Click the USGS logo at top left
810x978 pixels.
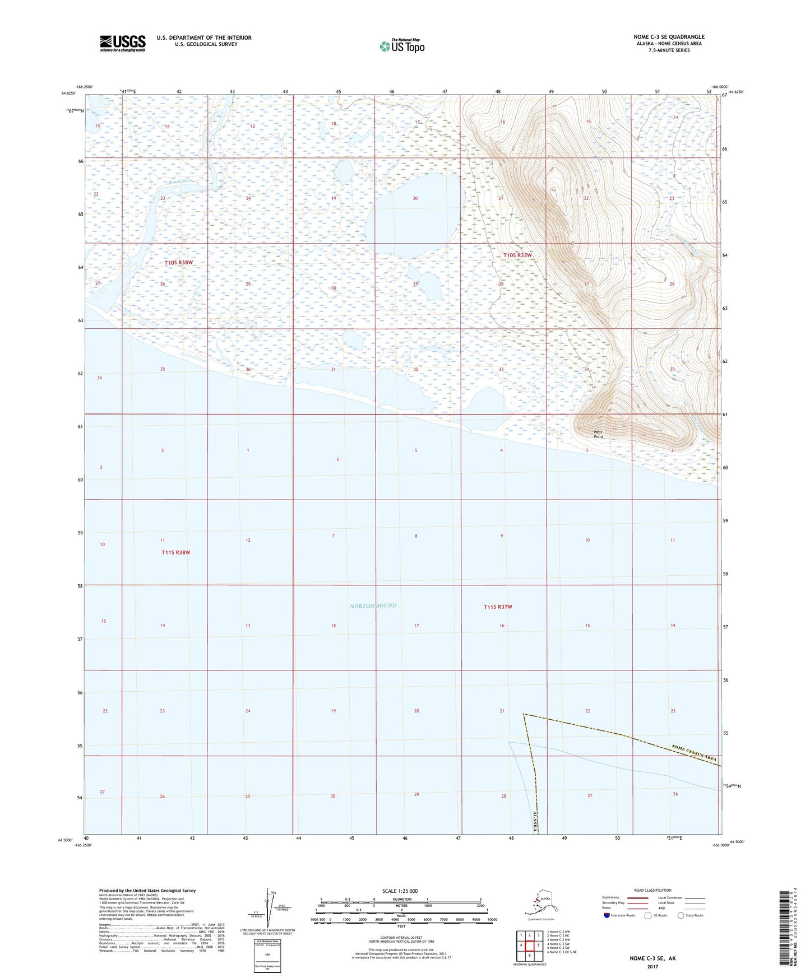pyautogui.click(x=122, y=43)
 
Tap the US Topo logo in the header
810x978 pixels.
pyautogui.click(x=401, y=46)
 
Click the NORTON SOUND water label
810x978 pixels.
pyautogui.click(x=373, y=606)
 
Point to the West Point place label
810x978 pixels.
pyautogui.click(x=598, y=434)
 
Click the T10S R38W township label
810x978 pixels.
pyautogui.click(x=178, y=263)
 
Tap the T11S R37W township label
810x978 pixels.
pyautogui.click(x=498, y=607)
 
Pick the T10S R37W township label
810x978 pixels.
pyautogui.click(x=517, y=255)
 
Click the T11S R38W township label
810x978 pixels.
pyautogui.click(x=176, y=552)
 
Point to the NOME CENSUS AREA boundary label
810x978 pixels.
pyautogui.click(x=694, y=752)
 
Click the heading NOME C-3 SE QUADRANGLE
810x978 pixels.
pyautogui.click(x=669, y=37)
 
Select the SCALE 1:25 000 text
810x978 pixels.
pyautogui.click(x=400, y=891)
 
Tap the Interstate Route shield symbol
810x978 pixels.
pyautogui.click(x=606, y=915)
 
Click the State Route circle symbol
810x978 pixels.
pyautogui.click(x=681, y=915)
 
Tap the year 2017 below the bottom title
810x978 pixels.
pyautogui.click(x=652, y=966)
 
